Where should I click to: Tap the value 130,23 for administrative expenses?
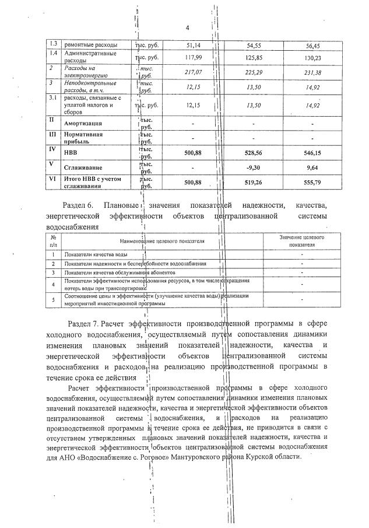tap(312, 58)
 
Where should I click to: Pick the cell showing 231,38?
tap(312, 72)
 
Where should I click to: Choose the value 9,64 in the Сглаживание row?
tap(312, 167)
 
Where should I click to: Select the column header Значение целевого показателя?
tap(301, 242)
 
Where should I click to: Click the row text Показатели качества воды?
tap(97, 255)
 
